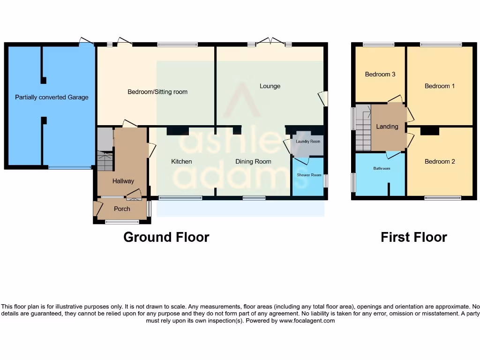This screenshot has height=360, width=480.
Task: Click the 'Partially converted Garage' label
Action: [x=52, y=97]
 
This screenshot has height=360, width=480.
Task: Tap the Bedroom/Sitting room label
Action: [x=157, y=92]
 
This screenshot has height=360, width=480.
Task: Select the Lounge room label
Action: [x=270, y=86]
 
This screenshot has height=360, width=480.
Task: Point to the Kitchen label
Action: [x=181, y=162]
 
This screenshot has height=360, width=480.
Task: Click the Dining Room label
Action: [x=253, y=162]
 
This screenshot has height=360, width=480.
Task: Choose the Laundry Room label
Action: [x=308, y=142]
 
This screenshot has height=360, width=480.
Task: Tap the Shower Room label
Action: [x=309, y=175]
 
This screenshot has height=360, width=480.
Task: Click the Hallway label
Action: [x=123, y=181]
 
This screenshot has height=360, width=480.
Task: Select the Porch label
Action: [x=122, y=209]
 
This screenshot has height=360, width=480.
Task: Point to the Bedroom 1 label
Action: [x=440, y=86]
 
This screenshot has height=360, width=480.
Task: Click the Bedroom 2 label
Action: [x=440, y=162]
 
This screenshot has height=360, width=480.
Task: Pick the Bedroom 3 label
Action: [x=380, y=75]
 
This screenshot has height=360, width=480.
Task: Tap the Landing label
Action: [x=387, y=127]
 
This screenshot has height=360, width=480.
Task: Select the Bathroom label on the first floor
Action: [x=382, y=168]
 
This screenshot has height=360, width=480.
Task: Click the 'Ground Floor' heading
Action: [x=166, y=237]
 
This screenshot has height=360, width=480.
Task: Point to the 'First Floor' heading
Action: [x=413, y=237]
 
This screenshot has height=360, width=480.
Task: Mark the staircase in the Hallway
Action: [x=105, y=160]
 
